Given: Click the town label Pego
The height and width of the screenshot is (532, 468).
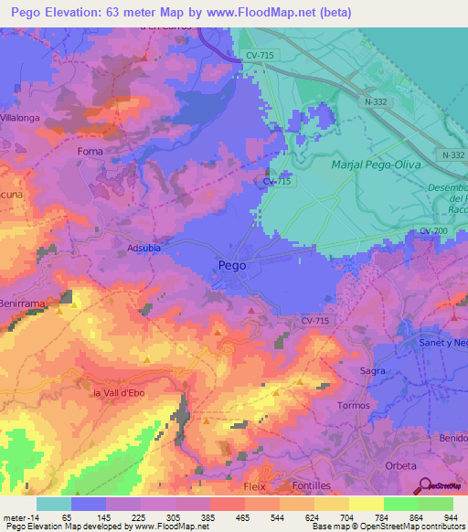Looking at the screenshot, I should pyautogui.click(x=232, y=266).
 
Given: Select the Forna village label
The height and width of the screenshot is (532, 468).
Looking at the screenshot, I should pyautogui.click(x=90, y=151).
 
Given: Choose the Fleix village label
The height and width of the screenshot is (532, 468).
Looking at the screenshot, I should pyautogui.click(x=254, y=486).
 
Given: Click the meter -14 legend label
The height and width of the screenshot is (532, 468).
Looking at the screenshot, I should pyautogui.click(x=18, y=517).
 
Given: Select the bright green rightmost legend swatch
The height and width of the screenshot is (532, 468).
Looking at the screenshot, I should pyautogui.click(x=435, y=504).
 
